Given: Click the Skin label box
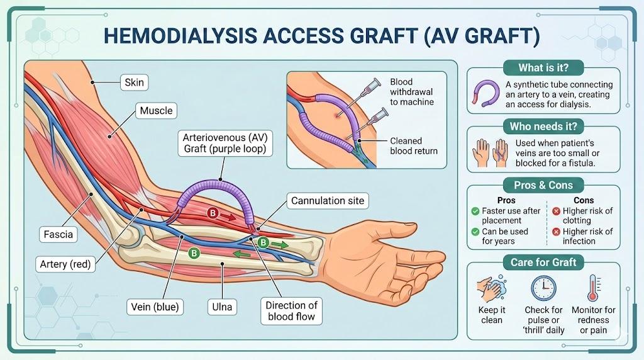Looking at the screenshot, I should coord(134,82).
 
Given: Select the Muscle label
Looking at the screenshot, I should coord(156,111).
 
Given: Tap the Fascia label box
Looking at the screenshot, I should coord(58,235).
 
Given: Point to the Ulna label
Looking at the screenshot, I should coord(221,307).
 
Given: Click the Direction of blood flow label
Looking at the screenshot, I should coord(292,311).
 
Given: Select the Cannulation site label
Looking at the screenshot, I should coord(327,201).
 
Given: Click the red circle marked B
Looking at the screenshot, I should coord(213,214).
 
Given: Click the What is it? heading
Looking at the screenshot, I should coord(543,68).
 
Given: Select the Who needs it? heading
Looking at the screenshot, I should coord(543,127).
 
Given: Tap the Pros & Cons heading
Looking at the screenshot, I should coord(543,185).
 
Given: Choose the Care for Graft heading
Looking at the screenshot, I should coord(543,262).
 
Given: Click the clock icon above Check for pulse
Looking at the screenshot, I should coord(543,288).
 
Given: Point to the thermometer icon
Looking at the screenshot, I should coord(592,288).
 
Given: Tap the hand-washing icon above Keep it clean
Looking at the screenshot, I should coord(492,289).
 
